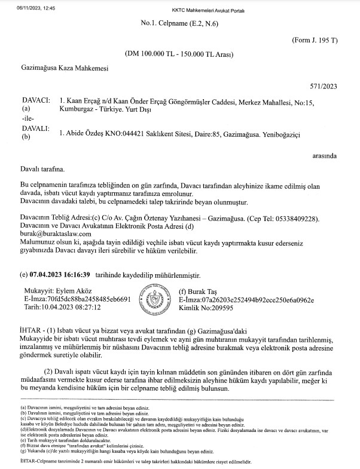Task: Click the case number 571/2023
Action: click(325, 86)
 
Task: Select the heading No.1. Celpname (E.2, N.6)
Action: click(178, 23)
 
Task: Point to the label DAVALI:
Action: click(34, 129)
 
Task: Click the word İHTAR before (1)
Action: click(31, 330)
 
